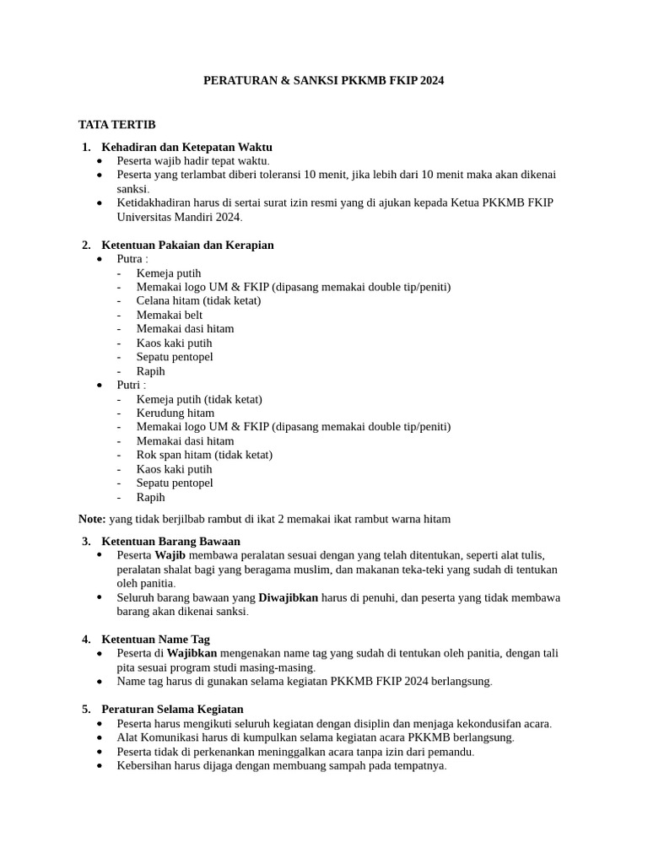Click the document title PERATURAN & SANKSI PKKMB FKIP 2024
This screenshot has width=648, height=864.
(323, 81)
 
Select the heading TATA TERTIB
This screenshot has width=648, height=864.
(116, 124)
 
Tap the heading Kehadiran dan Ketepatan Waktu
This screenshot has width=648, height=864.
(186, 147)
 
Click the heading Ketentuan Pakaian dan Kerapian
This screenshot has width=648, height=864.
(187, 245)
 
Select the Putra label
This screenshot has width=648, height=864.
(132, 259)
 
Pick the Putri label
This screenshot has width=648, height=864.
(131, 385)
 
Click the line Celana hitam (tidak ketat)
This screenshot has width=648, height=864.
(198, 300)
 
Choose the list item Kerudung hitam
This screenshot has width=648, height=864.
(175, 413)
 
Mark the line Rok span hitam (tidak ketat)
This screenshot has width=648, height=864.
(204, 455)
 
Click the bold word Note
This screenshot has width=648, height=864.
(91, 519)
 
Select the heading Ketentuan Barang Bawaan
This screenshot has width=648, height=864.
(170, 541)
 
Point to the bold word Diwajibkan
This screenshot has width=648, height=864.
(288, 597)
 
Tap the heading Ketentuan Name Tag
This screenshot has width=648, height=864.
(155, 639)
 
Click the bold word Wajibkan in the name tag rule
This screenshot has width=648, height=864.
(192, 653)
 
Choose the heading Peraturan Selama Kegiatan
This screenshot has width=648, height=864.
(172, 709)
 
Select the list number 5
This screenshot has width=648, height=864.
(86, 709)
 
